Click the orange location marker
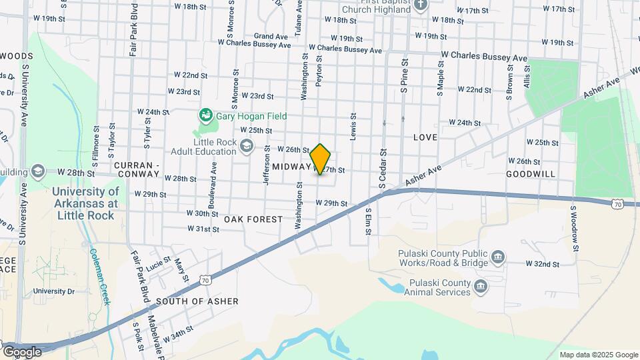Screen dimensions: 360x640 tap(321, 159)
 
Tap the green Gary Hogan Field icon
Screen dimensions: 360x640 tap(206, 116)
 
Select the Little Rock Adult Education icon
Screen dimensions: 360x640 tap(247, 146)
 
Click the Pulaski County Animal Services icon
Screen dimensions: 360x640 tap(481, 287)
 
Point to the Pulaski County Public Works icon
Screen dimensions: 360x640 tap(497, 257)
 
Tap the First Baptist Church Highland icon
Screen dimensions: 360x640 tap(420, 5)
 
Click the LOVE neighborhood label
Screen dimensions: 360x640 tap(425, 137)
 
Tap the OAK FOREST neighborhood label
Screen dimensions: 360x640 tap(253, 219)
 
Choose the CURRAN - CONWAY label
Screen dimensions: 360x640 tap(137, 169)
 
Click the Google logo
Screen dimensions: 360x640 tap(21, 351)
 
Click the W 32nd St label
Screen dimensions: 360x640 tap(542, 264)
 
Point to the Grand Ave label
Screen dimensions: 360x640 tap(270, 36)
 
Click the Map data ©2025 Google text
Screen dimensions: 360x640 tap(598, 355)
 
